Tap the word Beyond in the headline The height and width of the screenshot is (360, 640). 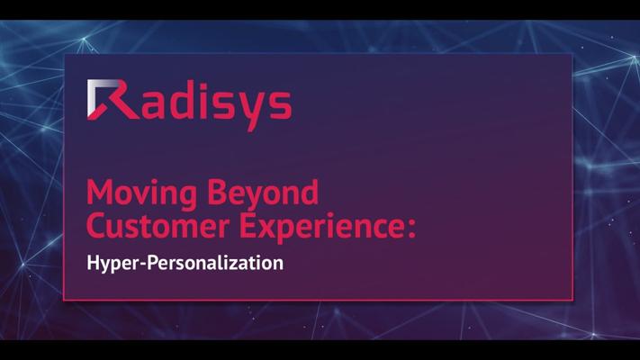263,193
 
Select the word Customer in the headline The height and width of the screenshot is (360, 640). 158,226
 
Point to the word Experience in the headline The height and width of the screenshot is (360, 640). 319,228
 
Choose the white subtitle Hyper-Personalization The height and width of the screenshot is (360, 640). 185,264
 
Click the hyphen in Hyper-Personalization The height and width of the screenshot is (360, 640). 142,265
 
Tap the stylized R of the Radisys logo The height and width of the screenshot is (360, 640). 113,100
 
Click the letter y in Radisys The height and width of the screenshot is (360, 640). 252,111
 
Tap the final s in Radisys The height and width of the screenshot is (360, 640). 280,105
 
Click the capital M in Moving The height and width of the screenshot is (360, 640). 101,193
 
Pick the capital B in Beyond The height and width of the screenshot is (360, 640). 217,193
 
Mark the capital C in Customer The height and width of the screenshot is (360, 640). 96,226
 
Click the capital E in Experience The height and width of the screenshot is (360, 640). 248,226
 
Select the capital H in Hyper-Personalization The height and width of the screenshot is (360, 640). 94,263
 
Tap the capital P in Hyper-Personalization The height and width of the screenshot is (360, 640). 153,263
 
